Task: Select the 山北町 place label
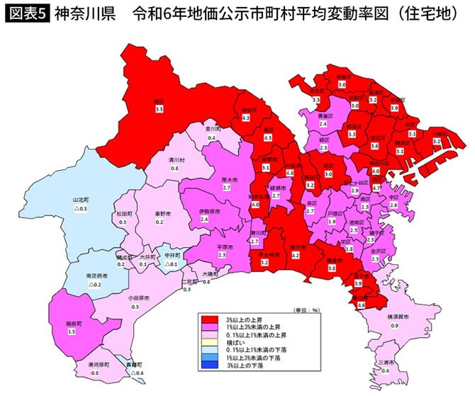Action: click(83, 200)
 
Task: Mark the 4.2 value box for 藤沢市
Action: click(296, 254)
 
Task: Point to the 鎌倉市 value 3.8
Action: click(332, 268)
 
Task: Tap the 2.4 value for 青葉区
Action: click(323, 123)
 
